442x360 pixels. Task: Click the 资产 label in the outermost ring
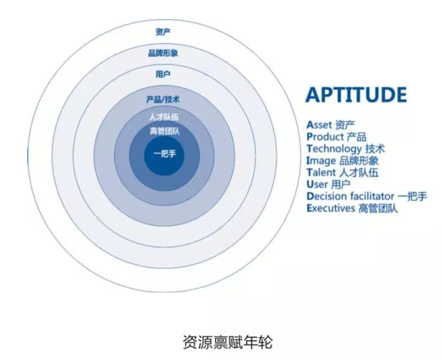pos(163,32)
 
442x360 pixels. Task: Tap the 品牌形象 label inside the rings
pos(163,53)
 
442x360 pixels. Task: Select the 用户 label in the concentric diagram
pos(163,74)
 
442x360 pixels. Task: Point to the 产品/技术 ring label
pos(163,100)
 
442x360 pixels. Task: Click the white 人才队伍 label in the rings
pos(164,117)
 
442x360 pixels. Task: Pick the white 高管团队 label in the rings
pos(164,131)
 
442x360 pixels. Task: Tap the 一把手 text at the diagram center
pos(165,153)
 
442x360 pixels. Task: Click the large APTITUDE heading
pos(356,95)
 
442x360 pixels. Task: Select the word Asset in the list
pos(319,125)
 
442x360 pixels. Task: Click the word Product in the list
pos(325,137)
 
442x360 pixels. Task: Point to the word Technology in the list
pos(334,149)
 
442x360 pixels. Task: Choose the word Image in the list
pos(321,161)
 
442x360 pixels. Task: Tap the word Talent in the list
pos(321,172)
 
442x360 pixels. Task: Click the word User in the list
pos(317,184)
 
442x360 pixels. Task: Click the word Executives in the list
pos(330,208)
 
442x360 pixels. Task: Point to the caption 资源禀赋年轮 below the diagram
pos(228,342)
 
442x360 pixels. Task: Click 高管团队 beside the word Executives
pos(378,208)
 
